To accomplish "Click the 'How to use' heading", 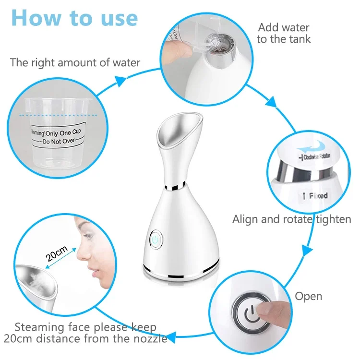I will tap(74, 18).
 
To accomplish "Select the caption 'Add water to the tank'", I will tap(283, 33).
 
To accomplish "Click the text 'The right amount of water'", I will tap(75, 62).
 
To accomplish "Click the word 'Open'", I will tap(308, 297).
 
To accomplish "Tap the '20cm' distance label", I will tap(56, 254).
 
